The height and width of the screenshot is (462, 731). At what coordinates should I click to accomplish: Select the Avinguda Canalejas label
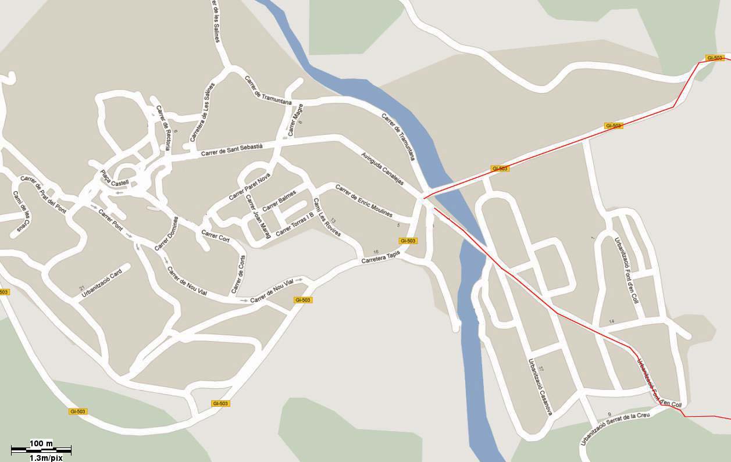382,169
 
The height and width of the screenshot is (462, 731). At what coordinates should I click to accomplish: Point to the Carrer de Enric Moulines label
363,201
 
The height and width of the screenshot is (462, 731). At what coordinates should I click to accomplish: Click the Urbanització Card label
102,284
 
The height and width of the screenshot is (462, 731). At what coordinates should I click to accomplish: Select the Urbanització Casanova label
539,386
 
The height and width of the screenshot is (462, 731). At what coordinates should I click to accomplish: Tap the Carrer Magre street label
295,123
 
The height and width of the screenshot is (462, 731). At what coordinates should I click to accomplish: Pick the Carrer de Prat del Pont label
43,194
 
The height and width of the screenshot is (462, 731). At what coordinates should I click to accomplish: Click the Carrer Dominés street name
167,234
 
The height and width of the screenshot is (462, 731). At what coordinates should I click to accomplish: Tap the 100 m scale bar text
41,443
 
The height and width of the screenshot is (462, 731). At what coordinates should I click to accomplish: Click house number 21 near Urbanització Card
82,288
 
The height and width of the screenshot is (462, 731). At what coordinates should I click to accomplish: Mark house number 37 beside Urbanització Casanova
541,369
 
